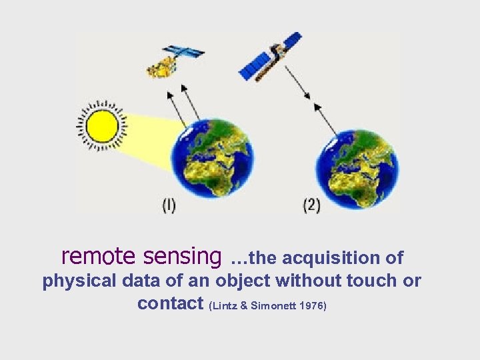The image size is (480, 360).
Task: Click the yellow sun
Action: pyautogui.click(x=103, y=125)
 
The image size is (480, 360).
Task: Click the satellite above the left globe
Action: pyautogui.click(x=173, y=60)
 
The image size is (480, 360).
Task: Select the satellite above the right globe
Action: pyautogui.click(x=270, y=57)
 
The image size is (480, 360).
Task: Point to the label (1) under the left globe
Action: pyautogui.click(x=169, y=206)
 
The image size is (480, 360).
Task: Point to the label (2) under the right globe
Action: pyautogui.click(x=311, y=206)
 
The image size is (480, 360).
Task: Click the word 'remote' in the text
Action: pyautogui.click(x=99, y=256)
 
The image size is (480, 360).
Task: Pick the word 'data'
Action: pyautogui.click(x=141, y=281)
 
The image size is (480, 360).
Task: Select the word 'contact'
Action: pyautogui.click(x=170, y=304)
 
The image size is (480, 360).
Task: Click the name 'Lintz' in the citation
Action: pyautogui.click(x=225, y=307)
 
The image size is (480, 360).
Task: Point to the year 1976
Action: pyautogui.click(x=311, y=307)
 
